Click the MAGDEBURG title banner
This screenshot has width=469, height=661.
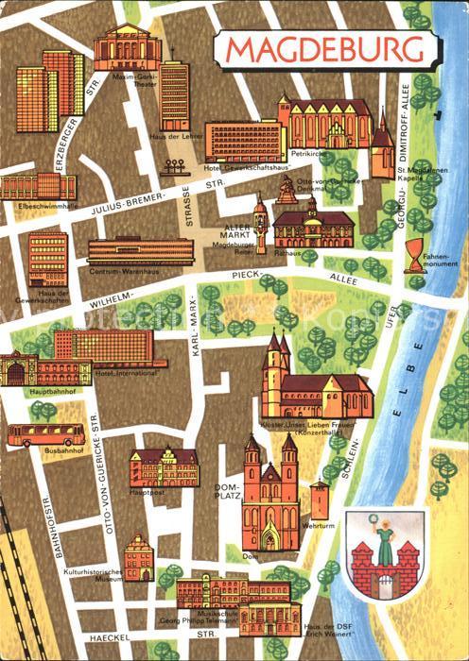click(324, 49)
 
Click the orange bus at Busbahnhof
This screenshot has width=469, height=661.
click(45, 434)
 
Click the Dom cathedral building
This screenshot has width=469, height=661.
click(271, 500)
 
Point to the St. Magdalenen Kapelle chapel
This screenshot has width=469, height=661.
click(382, 148)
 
